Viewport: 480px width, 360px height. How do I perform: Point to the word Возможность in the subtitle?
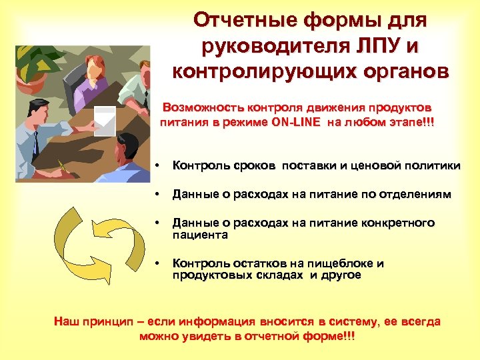[x=205, y=107]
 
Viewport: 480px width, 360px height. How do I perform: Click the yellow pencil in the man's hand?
[x=63, y=167]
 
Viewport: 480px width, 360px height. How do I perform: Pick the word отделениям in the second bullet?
[x=415, y=195]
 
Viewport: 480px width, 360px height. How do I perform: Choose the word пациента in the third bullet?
[x=200, y=235]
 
